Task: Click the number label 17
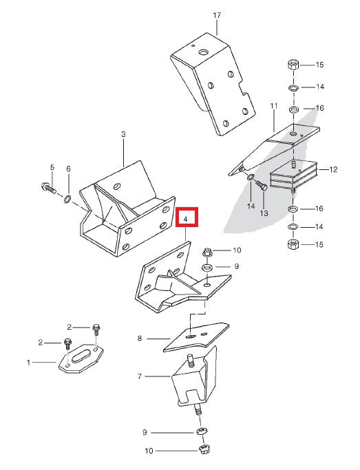tap(216, 14)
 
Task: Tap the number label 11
tap(273, 106)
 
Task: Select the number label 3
tap(123, 135)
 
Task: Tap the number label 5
tap(52, 167)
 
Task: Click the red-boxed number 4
tap(187, 218)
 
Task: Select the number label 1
tap(28, 361)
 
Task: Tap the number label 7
tap(139, 376)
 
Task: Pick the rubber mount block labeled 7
tap(193, 383)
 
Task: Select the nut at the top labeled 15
tap(293, 66)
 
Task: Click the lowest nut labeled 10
tap(204, 450)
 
